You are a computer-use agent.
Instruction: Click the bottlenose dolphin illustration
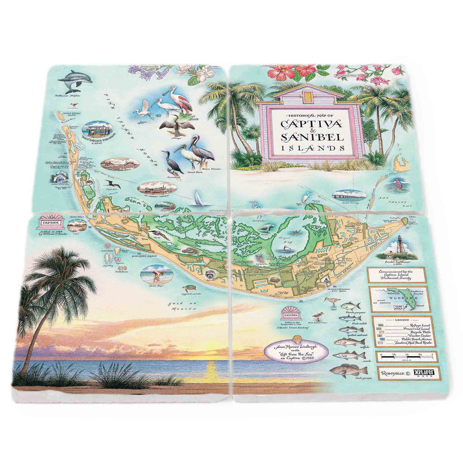click(74, 80)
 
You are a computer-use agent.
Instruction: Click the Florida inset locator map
click(398, 299)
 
